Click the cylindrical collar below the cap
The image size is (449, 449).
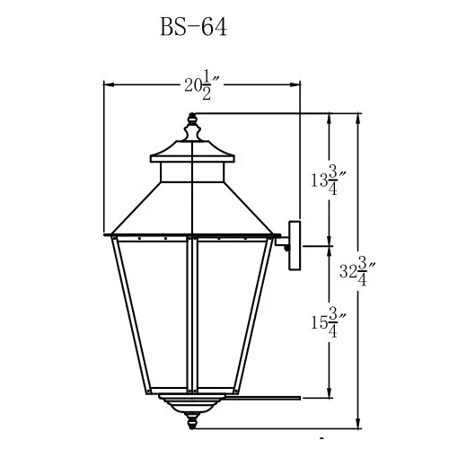[192, 165]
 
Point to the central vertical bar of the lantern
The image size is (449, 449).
[192, 314]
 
